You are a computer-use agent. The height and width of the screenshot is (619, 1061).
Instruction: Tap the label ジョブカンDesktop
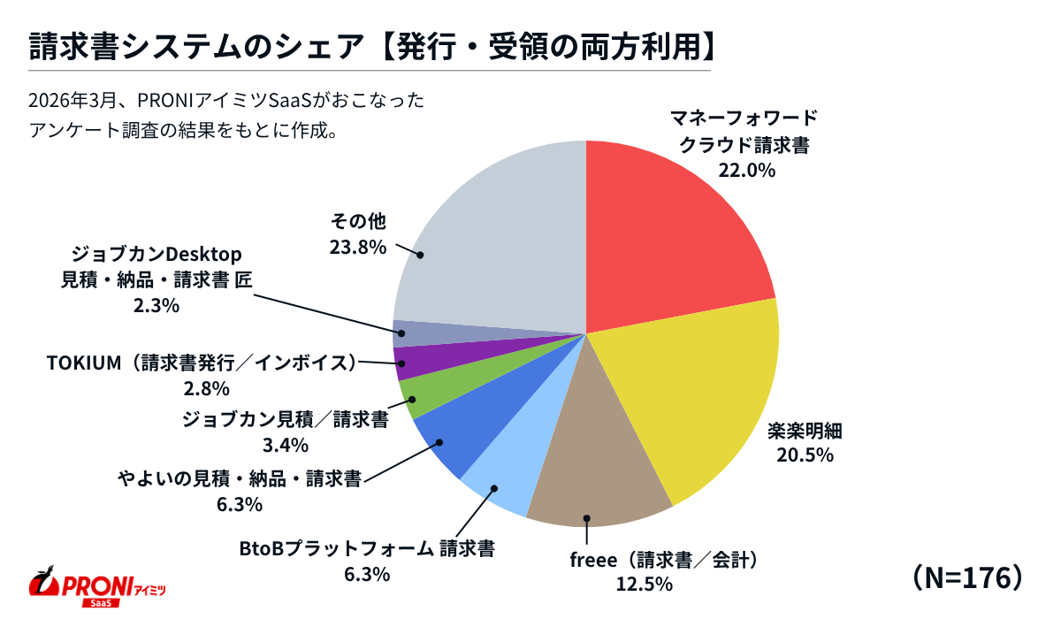pos(156,255)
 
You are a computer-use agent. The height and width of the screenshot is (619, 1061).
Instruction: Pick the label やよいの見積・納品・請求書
pos(240,479)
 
